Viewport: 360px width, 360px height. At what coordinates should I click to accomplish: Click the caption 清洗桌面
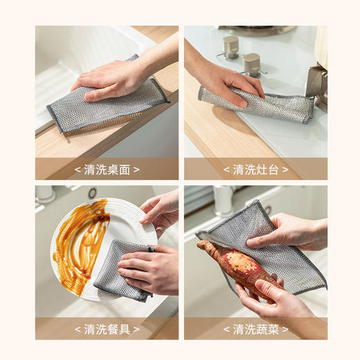(x=107, y=170)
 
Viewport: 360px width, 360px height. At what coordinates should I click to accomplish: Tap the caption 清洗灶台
(x=255, y=170)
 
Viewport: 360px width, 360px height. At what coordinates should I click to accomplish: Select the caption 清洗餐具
(x=107, y=329)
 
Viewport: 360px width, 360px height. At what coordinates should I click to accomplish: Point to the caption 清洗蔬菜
(x=255, y=329)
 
